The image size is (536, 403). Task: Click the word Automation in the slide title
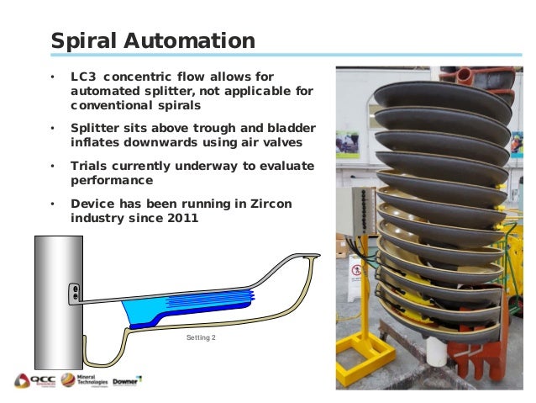pyautogui.click(x=198, y=40)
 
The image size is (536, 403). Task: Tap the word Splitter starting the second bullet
pyautogui.click(x=96, y=127)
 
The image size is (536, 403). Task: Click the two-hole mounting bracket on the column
pyautogui.click(x=76, y=293)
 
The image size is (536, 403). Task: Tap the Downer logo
pyautogui.click(x=127, y=380)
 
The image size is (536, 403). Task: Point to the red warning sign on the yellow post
pyautogui.click(x=357, y=271)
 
